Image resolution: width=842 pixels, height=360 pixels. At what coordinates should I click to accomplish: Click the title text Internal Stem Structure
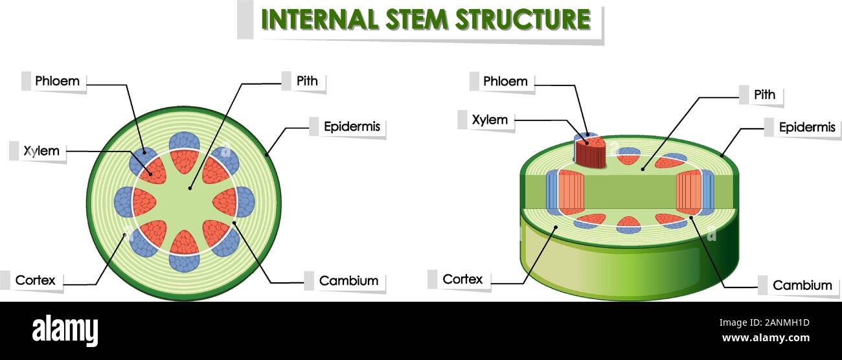point(425,19)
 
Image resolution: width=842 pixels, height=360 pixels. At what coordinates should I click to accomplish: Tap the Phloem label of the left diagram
point(57,81)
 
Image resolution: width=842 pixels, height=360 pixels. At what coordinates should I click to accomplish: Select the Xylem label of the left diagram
point(41,152)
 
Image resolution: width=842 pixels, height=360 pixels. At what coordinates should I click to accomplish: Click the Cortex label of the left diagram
point(35,280)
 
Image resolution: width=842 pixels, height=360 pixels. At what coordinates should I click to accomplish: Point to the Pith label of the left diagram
point(307,81)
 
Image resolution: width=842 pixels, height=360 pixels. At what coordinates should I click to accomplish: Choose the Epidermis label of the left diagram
point(352,127)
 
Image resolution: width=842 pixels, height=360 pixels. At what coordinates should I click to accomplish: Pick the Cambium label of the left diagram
point(348,281)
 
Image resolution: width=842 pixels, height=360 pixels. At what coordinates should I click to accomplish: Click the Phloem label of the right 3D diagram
point(505,82)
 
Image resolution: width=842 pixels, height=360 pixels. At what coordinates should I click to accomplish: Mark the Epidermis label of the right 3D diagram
point(806,128)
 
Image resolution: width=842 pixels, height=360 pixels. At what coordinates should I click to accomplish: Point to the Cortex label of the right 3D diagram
point(462,280)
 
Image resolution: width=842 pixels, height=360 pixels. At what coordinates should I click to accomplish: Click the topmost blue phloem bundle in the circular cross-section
point(184,141)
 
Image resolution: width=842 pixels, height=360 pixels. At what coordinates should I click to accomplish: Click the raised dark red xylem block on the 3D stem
point(590,154)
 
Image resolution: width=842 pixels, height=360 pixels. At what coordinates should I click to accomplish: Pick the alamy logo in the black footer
point(65,330)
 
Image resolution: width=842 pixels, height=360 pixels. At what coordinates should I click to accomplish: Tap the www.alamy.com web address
point(765,338)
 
